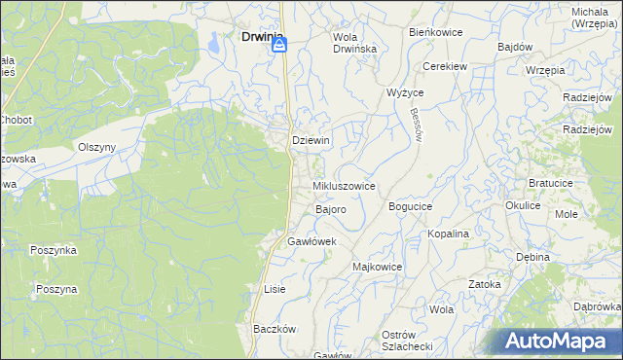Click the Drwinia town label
click(x=255, y=38)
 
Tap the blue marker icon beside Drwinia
click(x=278, y=43)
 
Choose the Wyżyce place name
click(x=404, y=92)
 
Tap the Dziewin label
click(x=311, y=140)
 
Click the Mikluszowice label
click(x=344, y=185)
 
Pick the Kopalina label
click(x=449, y=234)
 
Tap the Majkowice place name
click(x=377, y=267)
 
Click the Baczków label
click(x=274, y=329)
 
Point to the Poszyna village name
click(x=56, y=289)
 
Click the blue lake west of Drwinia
click(x=213, y=41)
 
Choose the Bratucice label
click(x=556, y=182)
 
